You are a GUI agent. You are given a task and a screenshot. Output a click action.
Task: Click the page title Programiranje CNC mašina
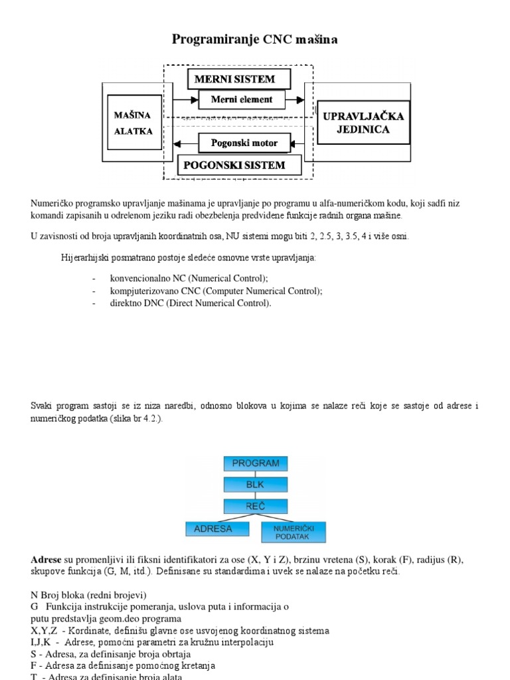pos(255,39)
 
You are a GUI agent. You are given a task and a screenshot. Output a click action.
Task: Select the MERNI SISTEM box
pos(239,79)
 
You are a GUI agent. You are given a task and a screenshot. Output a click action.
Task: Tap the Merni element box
pos(242,100)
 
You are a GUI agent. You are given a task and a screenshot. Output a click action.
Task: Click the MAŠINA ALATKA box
pos(133,123)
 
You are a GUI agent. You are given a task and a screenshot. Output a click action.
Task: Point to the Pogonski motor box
pos(244,142)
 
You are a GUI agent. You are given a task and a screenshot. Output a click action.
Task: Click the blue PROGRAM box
pos(256,463)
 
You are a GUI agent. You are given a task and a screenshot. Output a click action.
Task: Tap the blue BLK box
pos(256,484)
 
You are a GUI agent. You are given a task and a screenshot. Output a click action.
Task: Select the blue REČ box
pos(256,506)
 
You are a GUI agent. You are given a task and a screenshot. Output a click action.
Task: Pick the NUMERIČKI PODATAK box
pos(294,531)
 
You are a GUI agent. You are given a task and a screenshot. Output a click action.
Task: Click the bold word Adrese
pos(46,560)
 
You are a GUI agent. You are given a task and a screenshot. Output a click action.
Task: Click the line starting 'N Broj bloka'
pos(88,594)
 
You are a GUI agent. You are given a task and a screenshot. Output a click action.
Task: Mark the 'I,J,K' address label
pos(42,642)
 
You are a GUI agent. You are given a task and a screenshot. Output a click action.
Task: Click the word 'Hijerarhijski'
pos(86,258)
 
